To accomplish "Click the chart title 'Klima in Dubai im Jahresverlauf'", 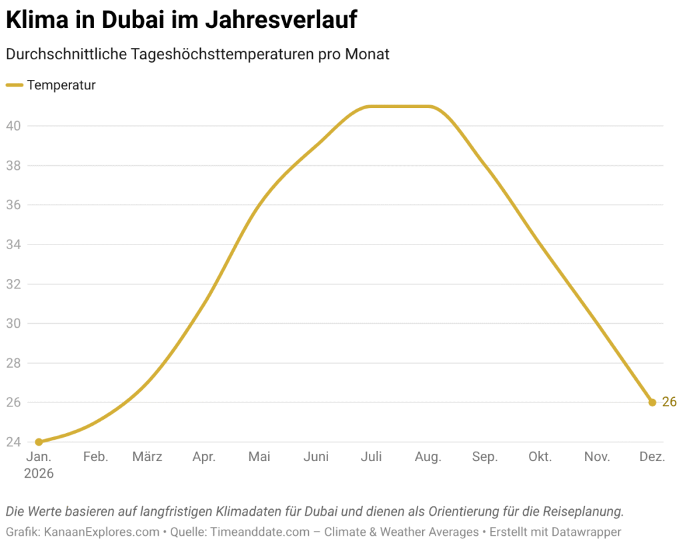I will (x=181, y=20).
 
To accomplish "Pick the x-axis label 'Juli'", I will (x=371, y=457).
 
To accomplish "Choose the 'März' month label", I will (x=147, y=457).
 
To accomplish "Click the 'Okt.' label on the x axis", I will (x=540, y=457).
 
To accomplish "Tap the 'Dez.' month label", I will (x=652, y=457).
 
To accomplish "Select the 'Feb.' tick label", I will (x=96, y=457).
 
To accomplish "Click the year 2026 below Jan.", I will (x=39, y=474).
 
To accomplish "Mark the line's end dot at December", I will (x=652, y=402).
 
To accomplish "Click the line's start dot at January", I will (x=39, y=442).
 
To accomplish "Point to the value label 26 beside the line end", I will (x=669, y=402).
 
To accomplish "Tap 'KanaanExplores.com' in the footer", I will (x=102, y=532).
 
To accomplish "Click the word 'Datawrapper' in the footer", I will (x=583, y=532).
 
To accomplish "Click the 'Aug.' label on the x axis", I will (x=428, y=457).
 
